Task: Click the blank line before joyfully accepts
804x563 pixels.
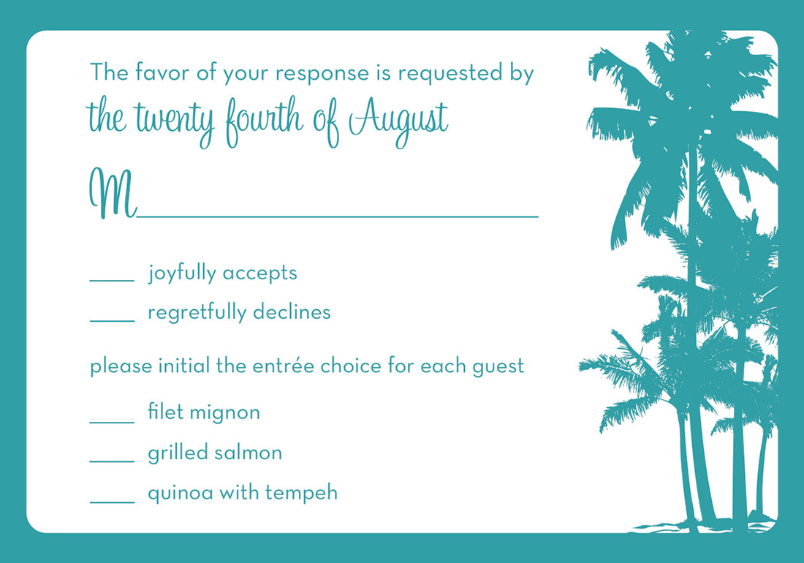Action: click(x=113, y=281)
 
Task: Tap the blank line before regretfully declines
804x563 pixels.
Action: click(x=113, y=321)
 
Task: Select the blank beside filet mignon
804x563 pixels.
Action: click(x=113, y=423)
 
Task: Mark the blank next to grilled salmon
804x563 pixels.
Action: click(x=113, y=461)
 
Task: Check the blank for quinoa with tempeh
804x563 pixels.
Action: click(x=113, y=502)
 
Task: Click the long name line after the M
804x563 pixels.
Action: click(x=338, y=217)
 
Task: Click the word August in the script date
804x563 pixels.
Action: click(x=399, y=121)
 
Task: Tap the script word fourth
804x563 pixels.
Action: click(x=265, y=121)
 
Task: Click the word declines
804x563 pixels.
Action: click(x=292, y=311)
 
